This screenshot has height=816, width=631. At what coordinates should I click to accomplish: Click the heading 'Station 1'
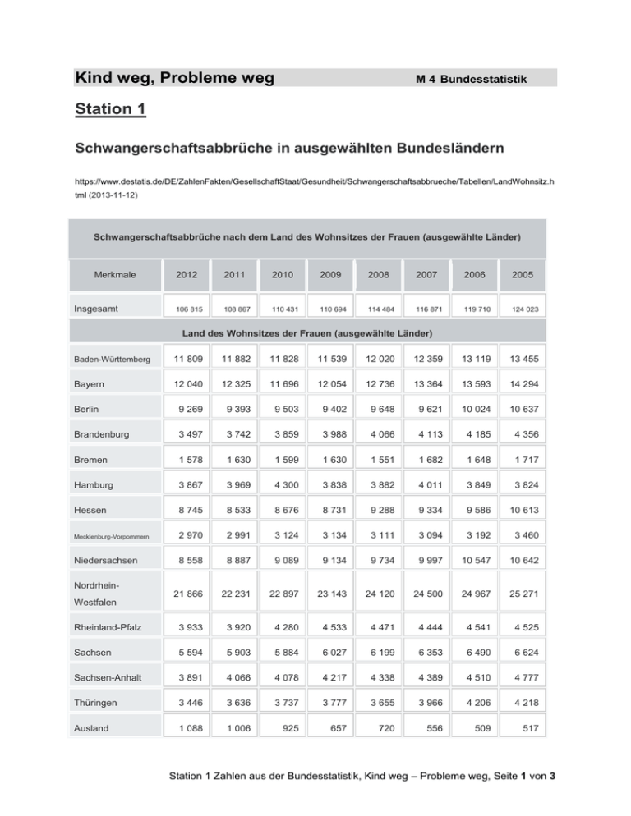click(110, 108)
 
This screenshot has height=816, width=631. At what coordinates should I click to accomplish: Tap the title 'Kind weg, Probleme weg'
click(173, 79)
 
